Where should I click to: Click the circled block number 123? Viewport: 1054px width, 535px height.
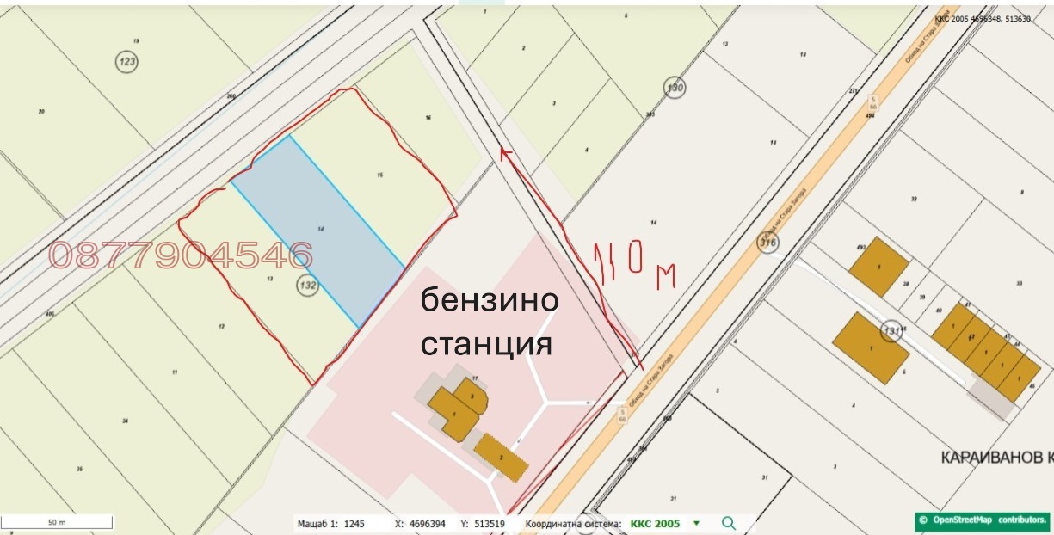tap(128, 61)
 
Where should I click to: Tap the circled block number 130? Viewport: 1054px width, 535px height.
tap(675, 87)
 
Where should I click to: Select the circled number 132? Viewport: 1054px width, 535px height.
tap(307, 286)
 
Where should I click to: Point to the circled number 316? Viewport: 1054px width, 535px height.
tap(767, 243)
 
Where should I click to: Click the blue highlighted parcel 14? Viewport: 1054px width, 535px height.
tap(318, 230)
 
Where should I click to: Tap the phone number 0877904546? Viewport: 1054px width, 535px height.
tap(181, 255)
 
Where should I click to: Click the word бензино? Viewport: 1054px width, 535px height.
tap(490, 303)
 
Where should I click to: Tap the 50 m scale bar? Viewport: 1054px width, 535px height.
tap(57, 522)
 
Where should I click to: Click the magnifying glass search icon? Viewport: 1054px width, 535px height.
tap(729, 523)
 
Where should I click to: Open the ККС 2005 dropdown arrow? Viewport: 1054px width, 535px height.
tap(696, 523)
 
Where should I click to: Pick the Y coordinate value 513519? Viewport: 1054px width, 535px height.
tap(487, 523)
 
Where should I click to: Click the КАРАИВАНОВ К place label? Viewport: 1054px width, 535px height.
tap(990, 456)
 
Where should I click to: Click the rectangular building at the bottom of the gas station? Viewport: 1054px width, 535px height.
tap(501, 457)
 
